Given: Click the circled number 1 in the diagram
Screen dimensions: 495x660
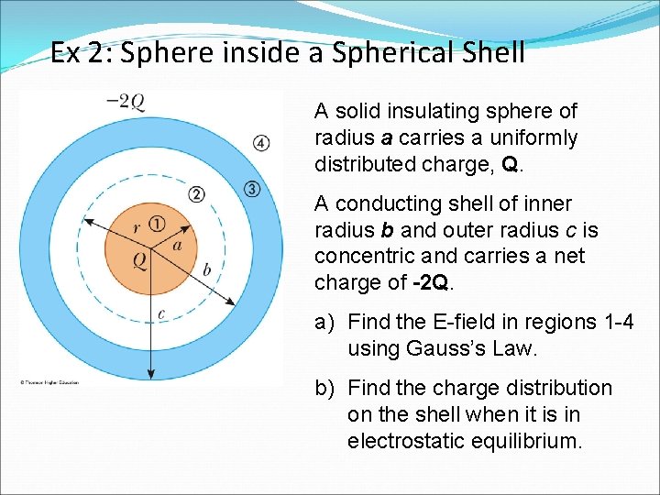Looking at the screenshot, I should point(157,224).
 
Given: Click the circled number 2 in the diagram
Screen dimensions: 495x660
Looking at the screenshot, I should point(197,194).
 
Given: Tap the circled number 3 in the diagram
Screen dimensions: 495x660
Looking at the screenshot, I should point(253,189).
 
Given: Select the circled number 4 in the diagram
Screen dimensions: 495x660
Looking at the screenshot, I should point(261,143).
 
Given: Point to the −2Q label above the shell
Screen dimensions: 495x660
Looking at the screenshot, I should point(126,101).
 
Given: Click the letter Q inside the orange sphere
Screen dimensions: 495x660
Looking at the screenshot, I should point(139,260).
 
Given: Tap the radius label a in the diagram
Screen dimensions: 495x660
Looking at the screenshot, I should point(178,245).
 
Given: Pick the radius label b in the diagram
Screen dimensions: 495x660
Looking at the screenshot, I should point(206,269).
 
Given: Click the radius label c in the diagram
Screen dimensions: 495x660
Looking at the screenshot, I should point(161,314).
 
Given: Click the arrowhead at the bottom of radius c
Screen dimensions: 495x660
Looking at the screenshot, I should point(151,373).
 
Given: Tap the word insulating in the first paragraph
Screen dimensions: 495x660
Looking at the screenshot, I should point(421,112).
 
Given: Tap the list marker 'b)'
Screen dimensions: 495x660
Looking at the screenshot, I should point(325,388).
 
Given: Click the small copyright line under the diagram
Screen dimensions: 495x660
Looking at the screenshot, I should point(49,382).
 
